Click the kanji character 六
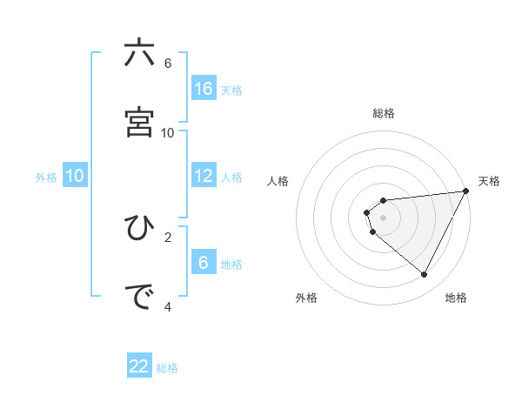click(139, 54)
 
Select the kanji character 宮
click(139, 123)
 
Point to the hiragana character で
click(139, 297)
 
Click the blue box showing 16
click(204, 88)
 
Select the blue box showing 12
click(204, 176)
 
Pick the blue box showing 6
click(204, 262)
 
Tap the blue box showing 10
click(75, 176)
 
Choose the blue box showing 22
click(139, 366)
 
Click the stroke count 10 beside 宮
click(168, 132)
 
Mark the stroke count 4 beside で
click(168, 306)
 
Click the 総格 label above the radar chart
click(384, 113)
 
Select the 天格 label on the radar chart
click(489, 181)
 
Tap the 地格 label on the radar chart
click(456, 298)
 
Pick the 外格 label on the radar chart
click(306, 298)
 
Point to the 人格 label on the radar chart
click(278, 181)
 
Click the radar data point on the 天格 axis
click(465, 191)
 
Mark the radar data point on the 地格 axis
click(425, 275)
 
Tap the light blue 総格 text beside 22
click(167, 368)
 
